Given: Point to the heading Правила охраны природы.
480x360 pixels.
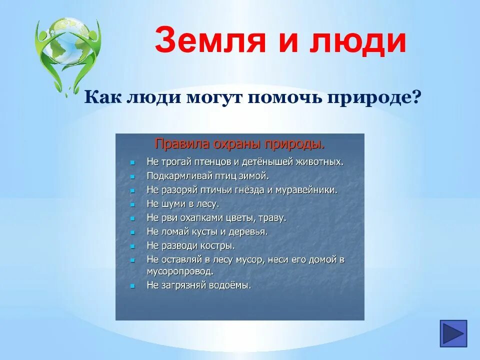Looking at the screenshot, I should tap(239, 144).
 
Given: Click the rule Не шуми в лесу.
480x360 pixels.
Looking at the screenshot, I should tap(182, 204).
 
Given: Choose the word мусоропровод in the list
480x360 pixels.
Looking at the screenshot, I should tap(180, 271).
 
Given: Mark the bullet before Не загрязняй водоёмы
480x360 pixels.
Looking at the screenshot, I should tap(132, 286).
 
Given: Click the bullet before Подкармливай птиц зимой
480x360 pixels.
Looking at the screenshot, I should tap(132, 176).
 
